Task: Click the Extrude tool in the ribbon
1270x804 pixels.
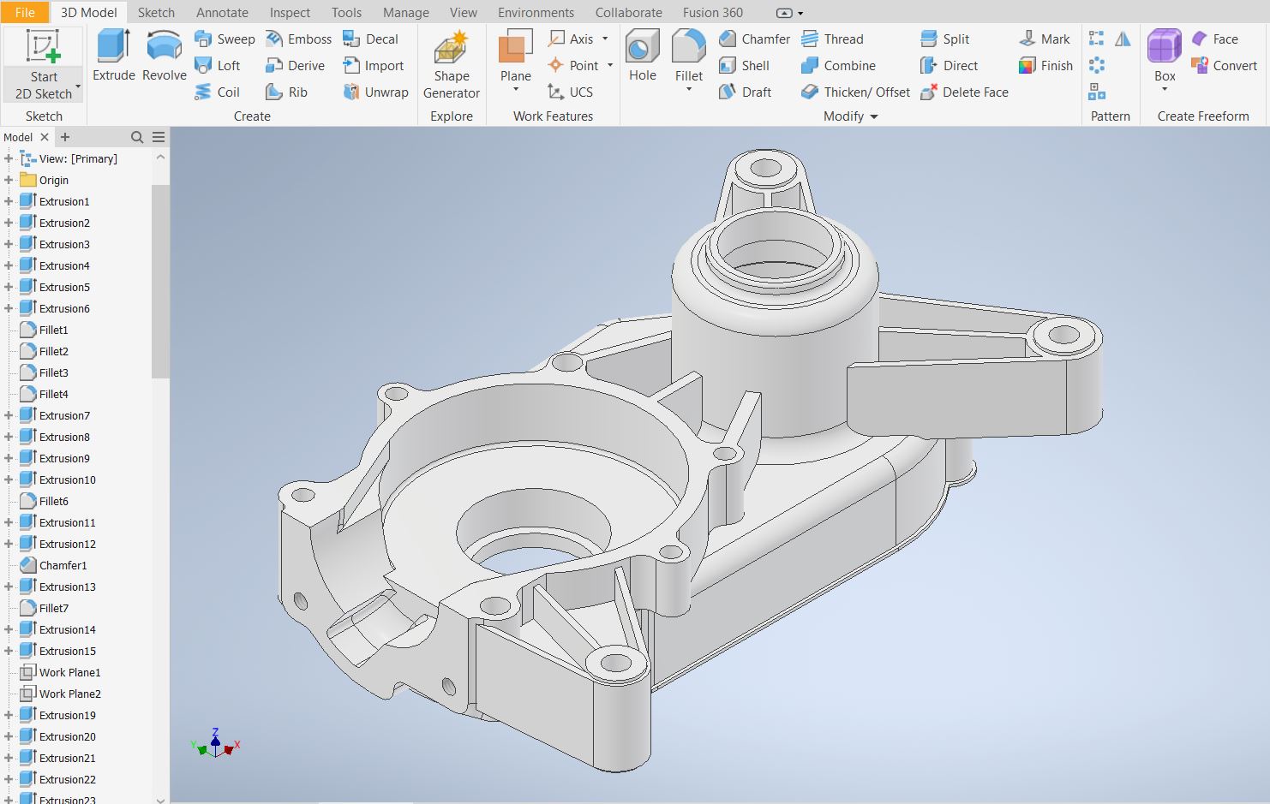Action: click(114, 56)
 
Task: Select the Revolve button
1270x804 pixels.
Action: click(164, 56)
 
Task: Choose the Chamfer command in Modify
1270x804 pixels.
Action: click(754, 39)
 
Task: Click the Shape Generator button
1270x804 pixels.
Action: click(452, 64)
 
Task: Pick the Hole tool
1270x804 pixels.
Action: click(643, 56)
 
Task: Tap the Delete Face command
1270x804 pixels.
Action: click(964, 92)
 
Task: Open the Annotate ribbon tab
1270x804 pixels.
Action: click(222, 13)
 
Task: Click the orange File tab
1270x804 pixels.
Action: click(25, 13)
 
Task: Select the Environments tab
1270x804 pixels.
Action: click(536, 13)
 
